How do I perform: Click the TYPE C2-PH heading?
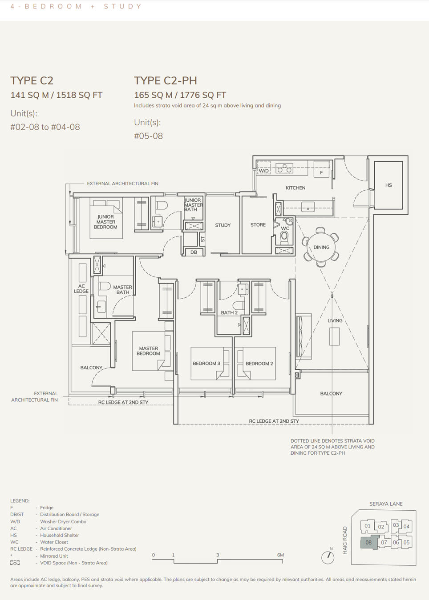click(165, 80)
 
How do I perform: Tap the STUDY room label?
click(223, 225)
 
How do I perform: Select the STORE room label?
click(258, 225)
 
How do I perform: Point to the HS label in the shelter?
click(389, 185)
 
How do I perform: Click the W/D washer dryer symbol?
click(263, 170)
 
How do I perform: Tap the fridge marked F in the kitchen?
click(321, 172)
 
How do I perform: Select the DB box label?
click(194, 252)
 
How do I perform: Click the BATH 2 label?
click(229, 312)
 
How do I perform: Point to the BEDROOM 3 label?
click(206, 364)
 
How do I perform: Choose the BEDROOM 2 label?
click(259, 364)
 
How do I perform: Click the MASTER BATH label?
click(122, 290)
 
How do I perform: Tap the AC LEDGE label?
click(81, 289)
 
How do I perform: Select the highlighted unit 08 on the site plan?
click(368, 542)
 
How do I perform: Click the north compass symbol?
click(328, 557)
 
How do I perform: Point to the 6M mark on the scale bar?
click(280, 555)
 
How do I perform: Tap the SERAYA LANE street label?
click(386, 504)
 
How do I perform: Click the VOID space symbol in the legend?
click(15, 563)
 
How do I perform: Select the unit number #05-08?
click(148, 136)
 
